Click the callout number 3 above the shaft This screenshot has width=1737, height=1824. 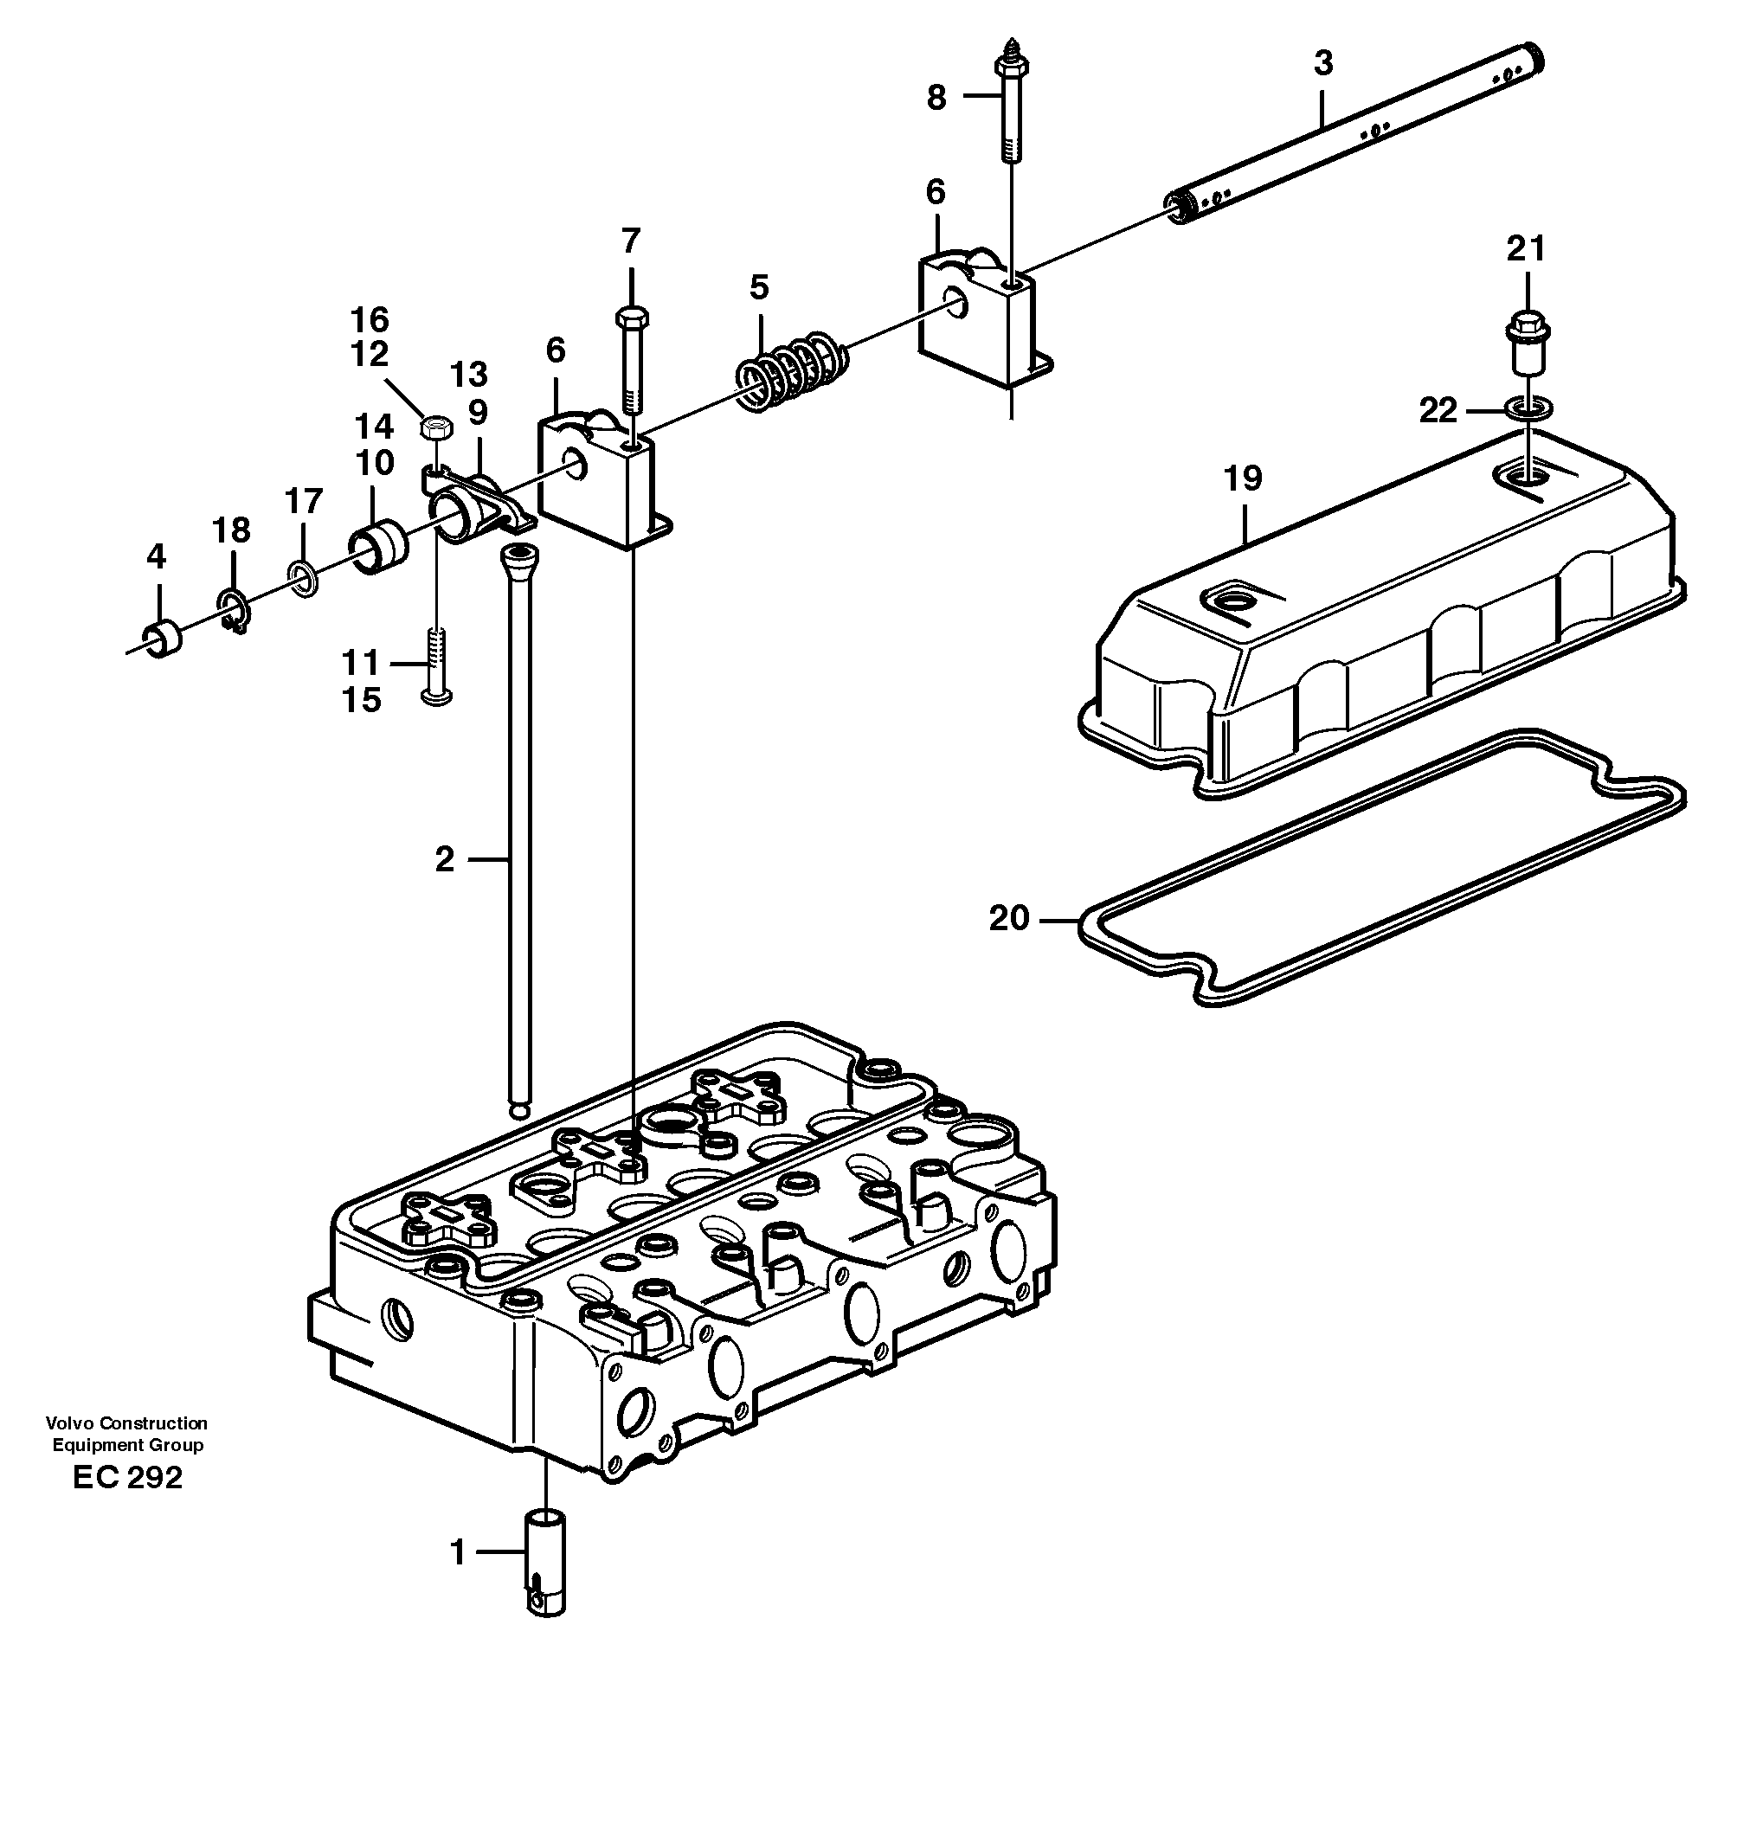(1323, 64)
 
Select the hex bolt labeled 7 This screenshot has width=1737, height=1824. (632, 356)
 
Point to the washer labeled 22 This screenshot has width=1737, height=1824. (1528, 408)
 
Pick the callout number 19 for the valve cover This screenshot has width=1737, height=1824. (1243, 478)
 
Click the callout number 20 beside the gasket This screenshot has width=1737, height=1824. (1009, 918)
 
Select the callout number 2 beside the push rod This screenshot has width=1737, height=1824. (445, 860)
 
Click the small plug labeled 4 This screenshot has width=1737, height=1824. (162, 639)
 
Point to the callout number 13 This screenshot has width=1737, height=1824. (468, 374)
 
